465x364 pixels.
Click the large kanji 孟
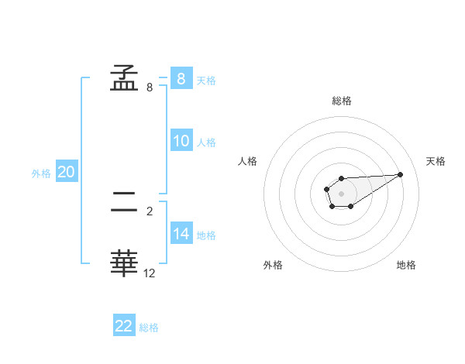[125, 77]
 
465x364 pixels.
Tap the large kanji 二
[125, 204]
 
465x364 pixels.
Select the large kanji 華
[125, 263]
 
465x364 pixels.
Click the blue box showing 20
[66, 172]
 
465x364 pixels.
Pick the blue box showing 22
[124, 326]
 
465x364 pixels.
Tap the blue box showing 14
[181, 233]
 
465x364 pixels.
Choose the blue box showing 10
[181, 141]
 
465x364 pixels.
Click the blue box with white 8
[181, 78]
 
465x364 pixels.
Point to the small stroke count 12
[150, 273]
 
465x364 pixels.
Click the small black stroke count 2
[150, 210]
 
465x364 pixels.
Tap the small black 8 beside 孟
[150, 88]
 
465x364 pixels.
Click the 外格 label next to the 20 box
[41, 173]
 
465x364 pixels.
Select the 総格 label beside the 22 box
[149, 328]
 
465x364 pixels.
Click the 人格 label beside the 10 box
[206, 143]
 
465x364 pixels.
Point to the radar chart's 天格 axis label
[436, 161]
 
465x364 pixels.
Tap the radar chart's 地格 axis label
[406, 265]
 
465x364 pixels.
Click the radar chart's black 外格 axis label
[273, 265]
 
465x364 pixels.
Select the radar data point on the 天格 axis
[401, 173]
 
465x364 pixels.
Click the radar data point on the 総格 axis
[341, 179]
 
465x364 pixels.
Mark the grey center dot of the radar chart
[341, 193]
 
